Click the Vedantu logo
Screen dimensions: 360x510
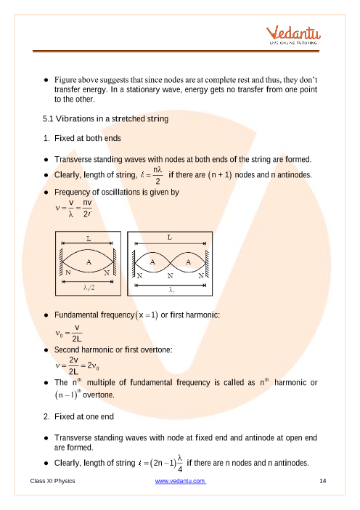pyautogui.click(x=293, y=35)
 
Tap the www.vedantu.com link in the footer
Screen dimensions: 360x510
pyautogui.click(x=180, y=481)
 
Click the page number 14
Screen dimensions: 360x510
pyautogui.click(x=323, y=481)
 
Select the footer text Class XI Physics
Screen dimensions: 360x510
pyautogui.click(x=52, y=481)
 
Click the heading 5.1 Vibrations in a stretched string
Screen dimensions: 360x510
pyautogui.click(x=105, y=118)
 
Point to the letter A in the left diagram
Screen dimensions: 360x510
pyautogui.click(x=89, y=262)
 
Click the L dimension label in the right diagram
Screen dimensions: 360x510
pyautogui.click(x=170, y=238)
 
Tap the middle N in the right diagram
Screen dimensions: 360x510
pyautogui.click(x=171, y=276)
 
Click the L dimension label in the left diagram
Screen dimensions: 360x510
pyautogui.click(x=89, y=239)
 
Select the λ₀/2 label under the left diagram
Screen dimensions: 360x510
pyautogui.click(x=89, y=287)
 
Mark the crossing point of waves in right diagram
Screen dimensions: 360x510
pyautogui.click(x=171, y=262)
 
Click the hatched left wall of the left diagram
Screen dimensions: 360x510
pyautogui.click(x=60, y=262)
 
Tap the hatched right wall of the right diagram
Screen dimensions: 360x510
pyautogui.click(x=207, y=263)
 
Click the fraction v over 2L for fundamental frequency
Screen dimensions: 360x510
pyautogui.click(x=77, y=333)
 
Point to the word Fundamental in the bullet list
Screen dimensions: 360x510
pyautogui.click(x=76, y=315)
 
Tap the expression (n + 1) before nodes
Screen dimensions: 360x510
pyautogui.click(x=220, y=175)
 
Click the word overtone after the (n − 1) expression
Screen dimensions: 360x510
pyautogui.click(x=99, y=395)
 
